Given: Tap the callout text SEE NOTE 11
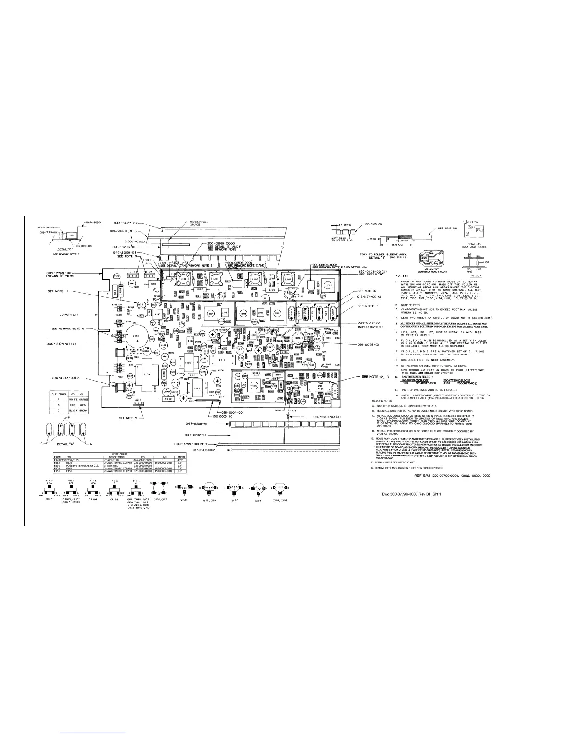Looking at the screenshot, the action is click(x=59, y=292).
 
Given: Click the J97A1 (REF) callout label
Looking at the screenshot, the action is click(x=68, y=315).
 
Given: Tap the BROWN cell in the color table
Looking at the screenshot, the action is click(x=83, y=411).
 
